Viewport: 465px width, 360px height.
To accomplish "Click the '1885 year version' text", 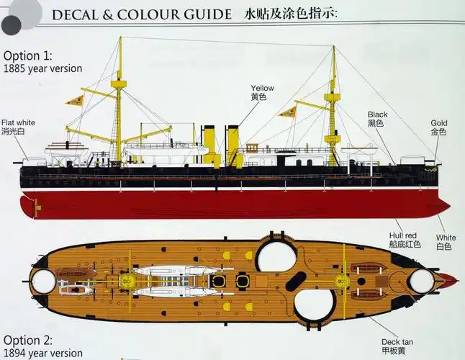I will click(42, 68).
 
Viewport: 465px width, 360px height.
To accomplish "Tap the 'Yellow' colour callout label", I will click(262, 89).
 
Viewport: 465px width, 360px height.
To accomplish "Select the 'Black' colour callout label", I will click(377, 114).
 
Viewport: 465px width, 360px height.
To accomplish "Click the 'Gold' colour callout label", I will click(438, 123).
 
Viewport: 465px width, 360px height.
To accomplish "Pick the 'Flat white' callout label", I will click(18, 123).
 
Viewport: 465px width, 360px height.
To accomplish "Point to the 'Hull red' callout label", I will click(402, 235).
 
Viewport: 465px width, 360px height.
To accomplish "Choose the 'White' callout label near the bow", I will click(445, 238).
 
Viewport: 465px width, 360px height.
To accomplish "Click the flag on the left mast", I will click(76, 100).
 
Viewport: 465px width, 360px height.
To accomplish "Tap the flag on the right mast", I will click(289, 112).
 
